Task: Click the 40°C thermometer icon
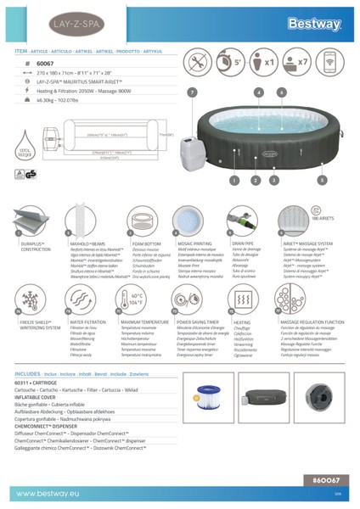[134, 302]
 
